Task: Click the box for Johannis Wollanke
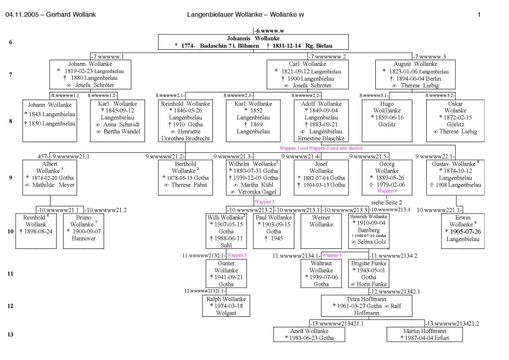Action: [253, 42]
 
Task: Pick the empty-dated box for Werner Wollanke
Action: [321, 231]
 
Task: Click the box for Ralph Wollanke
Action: [226, 306]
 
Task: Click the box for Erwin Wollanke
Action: [462, 231]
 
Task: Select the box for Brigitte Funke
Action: [369, 274]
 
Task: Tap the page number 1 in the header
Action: [479, 14]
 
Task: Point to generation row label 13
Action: [10, 334]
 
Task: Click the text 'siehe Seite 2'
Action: [387, 203]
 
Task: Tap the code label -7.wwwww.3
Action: [429, 57]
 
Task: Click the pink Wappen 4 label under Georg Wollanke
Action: [387, 191]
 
